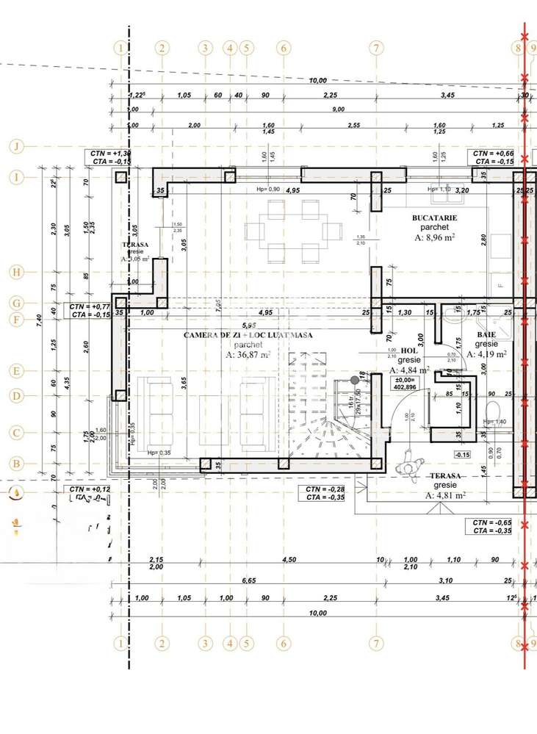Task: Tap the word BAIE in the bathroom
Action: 486,334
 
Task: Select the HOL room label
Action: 408,351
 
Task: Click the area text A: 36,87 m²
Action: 248,354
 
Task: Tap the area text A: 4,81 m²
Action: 445,495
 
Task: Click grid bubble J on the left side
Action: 15,147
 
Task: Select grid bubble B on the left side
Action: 15,464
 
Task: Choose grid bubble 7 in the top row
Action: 376,48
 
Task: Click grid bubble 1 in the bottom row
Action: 120,643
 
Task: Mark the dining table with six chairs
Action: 293,231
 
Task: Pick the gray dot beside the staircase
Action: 355,380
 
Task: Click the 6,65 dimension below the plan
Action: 249,580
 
